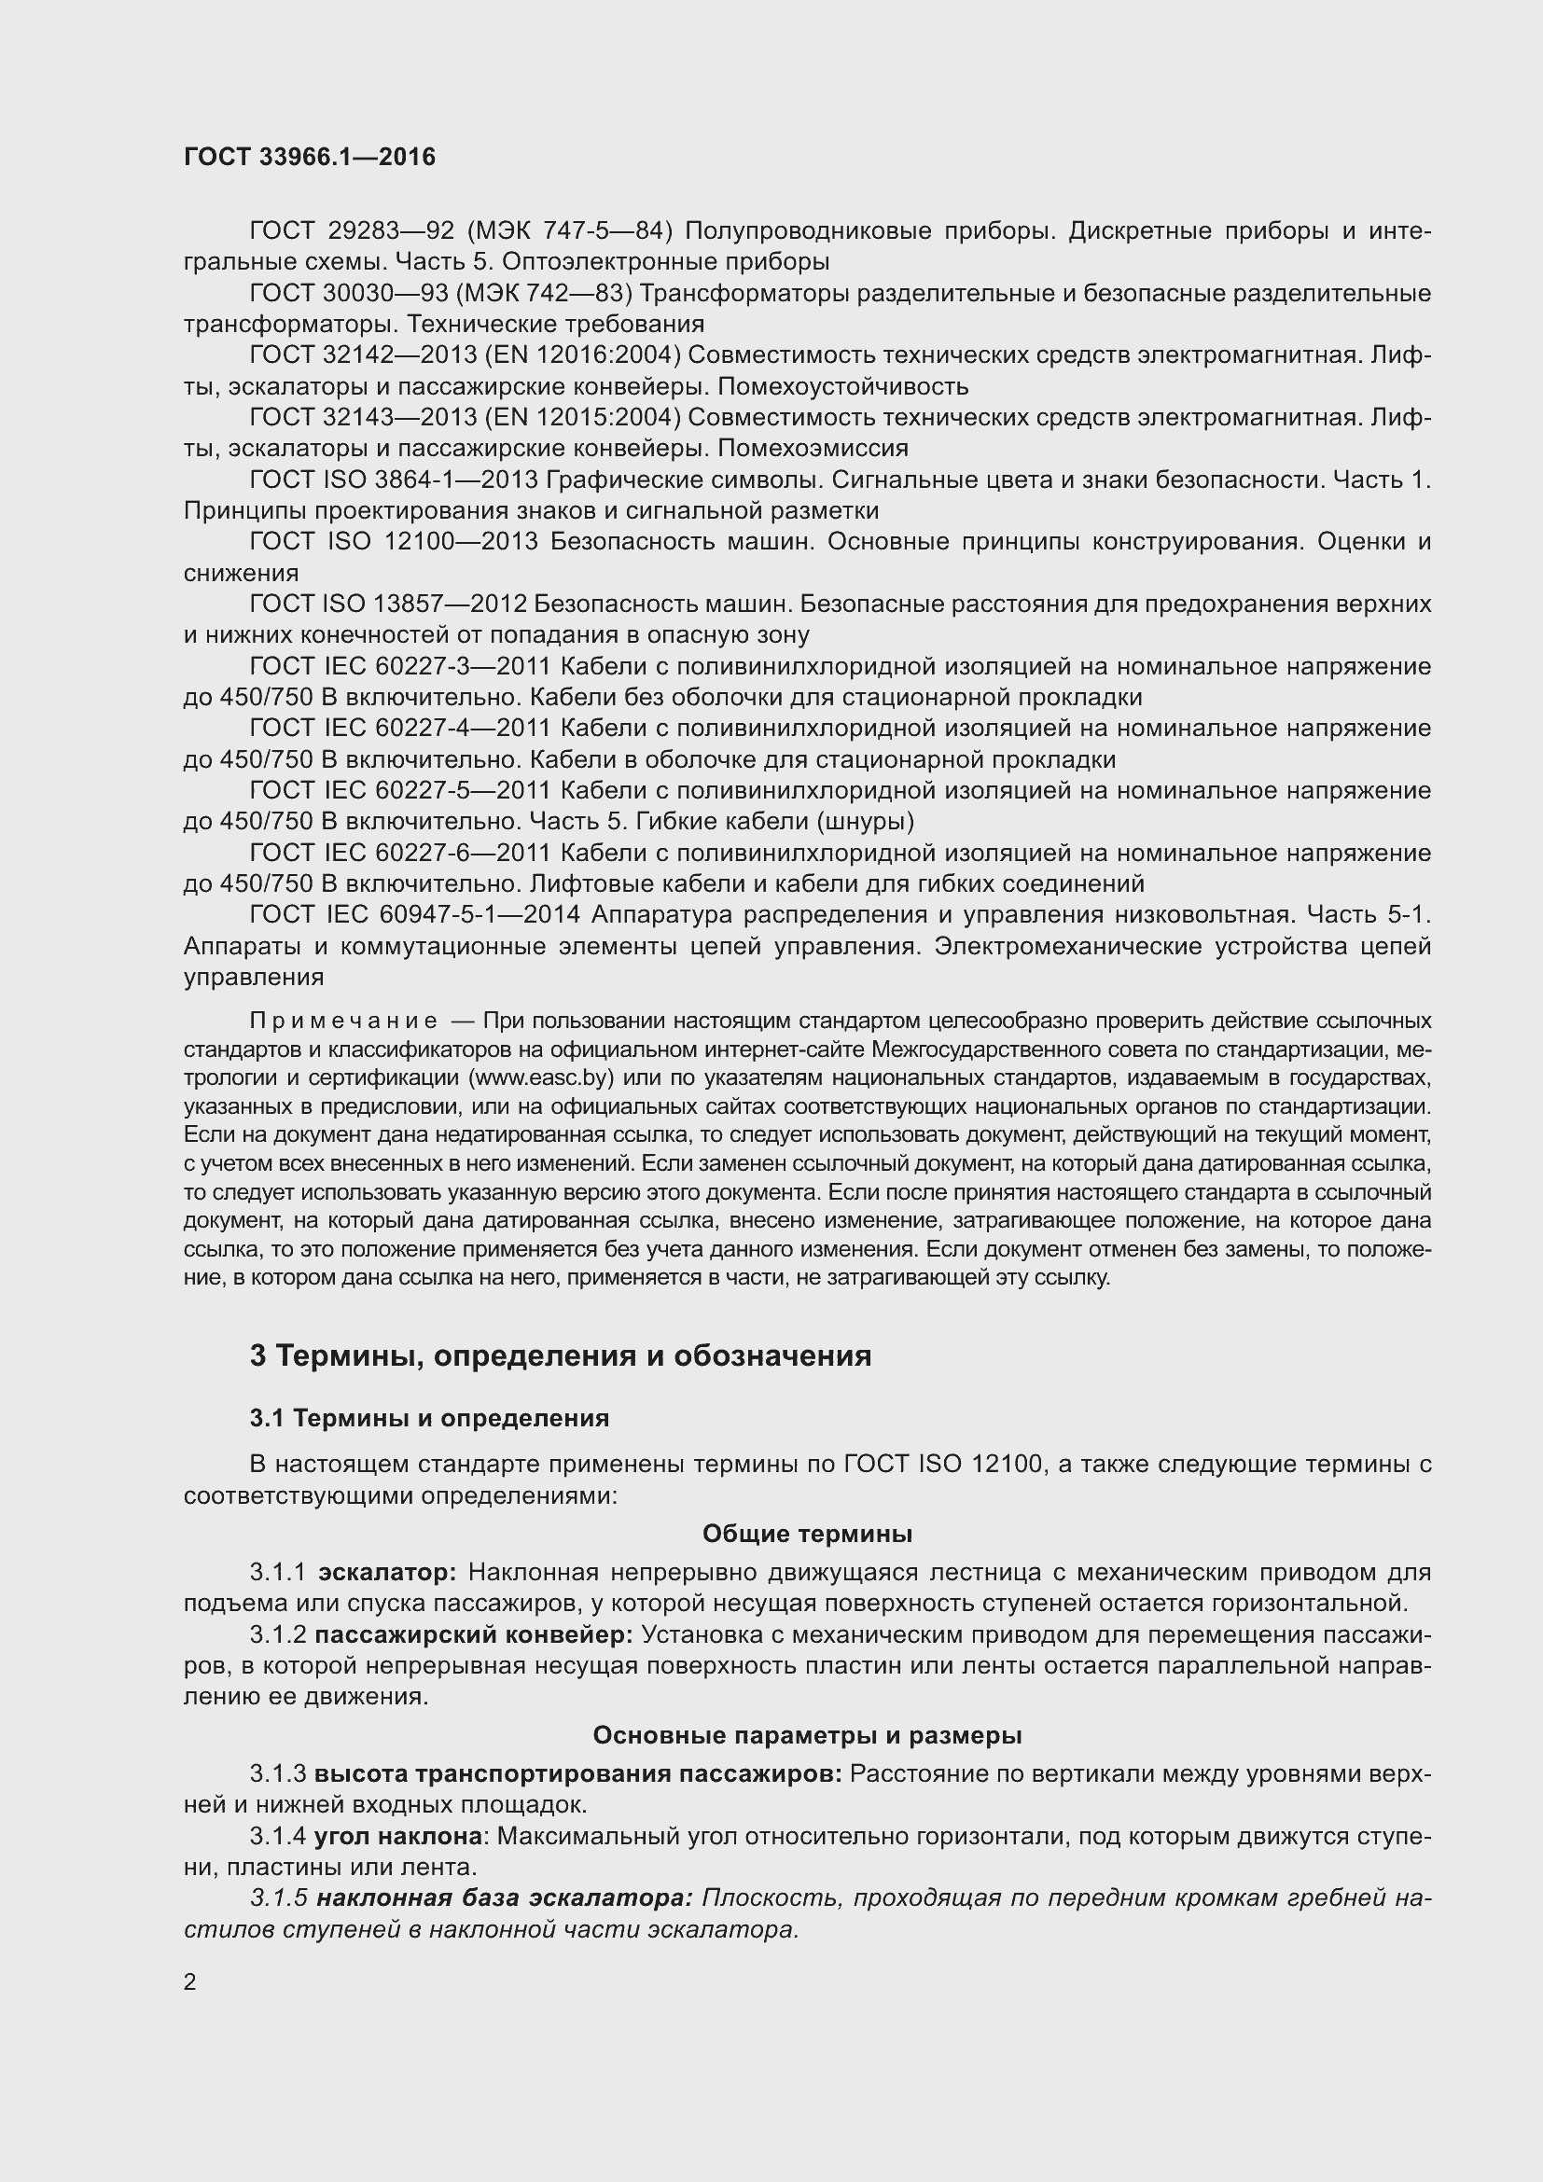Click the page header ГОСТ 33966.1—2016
[310, 157]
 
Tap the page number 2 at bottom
[190, 1982]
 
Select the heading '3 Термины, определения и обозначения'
[560, 1355]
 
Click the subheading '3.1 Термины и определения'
[428, 1418]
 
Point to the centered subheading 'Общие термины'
[807, 1534]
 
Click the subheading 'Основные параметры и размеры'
[807, 1735]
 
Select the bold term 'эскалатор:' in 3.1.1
[387, 1573]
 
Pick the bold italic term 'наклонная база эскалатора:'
[505, 1897]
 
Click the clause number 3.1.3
[277, 1773]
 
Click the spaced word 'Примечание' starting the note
[344, 1021]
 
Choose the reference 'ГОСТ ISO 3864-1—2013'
[394, 479]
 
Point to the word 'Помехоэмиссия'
[813, 448]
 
